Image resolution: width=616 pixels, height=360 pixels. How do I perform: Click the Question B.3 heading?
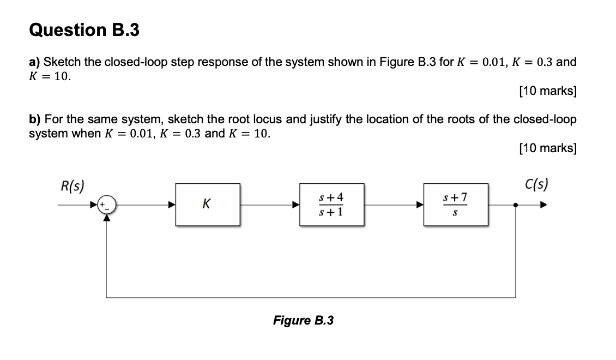pos(84,30)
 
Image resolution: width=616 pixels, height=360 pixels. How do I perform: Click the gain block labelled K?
pos(207,205)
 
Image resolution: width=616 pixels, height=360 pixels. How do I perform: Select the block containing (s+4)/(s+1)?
pos(331,205)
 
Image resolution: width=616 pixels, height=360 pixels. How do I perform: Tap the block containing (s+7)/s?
pos(456,205)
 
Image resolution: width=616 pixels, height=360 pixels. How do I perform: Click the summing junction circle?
pos(106,206)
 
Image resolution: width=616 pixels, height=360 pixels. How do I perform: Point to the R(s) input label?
pos(72,185)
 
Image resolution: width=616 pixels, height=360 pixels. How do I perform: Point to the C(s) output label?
pos(536,184)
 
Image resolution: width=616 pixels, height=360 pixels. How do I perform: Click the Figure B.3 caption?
pos(303,320)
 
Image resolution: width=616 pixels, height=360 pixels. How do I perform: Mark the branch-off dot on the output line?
pos(516,206)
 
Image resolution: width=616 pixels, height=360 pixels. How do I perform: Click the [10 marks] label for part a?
pos(547,91)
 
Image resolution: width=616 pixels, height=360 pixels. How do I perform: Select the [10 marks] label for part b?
pos(547,148)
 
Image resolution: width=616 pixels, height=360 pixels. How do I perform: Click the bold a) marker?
pos(34,62)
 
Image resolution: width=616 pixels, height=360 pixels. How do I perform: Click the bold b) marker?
pos(34,119)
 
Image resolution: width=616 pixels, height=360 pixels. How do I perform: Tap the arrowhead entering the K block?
pos(171,206)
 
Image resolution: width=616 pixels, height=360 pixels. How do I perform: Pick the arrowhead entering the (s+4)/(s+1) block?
pos(296,206)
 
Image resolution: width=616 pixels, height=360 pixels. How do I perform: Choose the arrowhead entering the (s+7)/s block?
pos(420,206)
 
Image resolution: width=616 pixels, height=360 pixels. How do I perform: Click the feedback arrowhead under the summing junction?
pos(106,218)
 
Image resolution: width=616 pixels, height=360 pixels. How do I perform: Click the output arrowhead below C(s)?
pos(542,206)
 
